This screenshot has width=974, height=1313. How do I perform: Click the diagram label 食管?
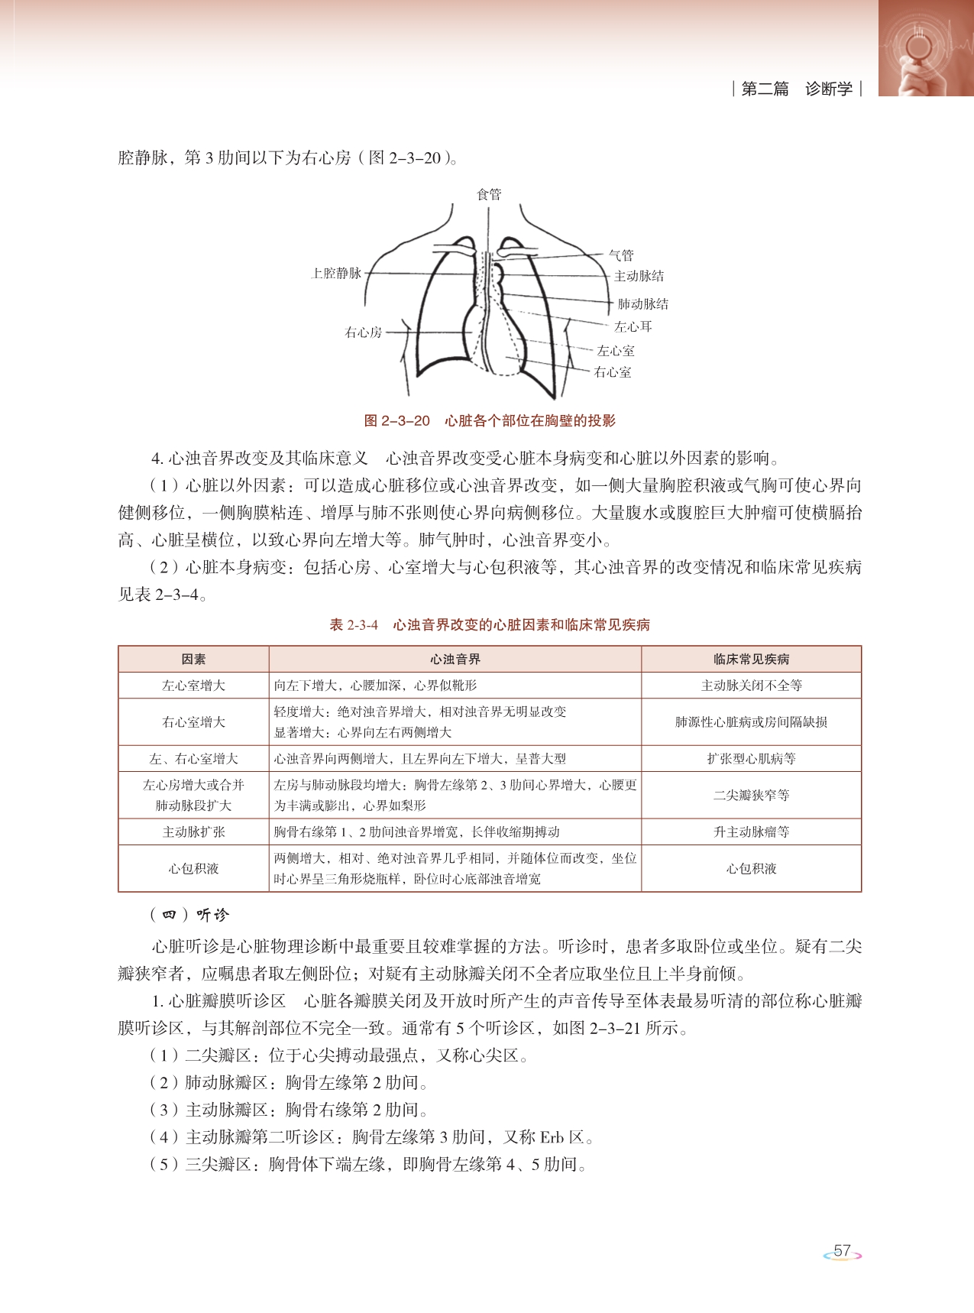point(489,194)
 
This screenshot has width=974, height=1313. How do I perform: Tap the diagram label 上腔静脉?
point(336,273)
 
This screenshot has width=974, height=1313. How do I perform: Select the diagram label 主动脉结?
point(639,276)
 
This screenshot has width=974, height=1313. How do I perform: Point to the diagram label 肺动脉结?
point(642,303)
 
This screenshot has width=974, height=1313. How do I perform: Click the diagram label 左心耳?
point(633,326)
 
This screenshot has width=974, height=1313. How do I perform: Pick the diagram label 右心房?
point(363,332)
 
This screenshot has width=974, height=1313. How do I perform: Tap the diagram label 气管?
point(621,254)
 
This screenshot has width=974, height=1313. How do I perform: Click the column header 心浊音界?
point(455,659)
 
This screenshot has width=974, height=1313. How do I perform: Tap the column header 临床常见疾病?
point(751,659)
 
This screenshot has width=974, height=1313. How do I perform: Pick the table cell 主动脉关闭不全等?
point(751,686)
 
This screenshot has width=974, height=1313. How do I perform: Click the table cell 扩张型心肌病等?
point(751,759)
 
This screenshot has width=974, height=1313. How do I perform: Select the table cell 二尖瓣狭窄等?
point(751,795)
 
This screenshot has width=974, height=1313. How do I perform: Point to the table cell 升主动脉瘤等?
point(751,832)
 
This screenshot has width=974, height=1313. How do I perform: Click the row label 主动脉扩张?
point(193,832)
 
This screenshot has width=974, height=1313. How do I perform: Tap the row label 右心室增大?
point(193,721)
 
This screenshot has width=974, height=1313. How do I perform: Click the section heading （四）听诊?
point(189,915)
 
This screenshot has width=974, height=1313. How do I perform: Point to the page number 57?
point(842,1251)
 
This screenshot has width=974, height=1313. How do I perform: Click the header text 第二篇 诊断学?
point(797,89)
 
